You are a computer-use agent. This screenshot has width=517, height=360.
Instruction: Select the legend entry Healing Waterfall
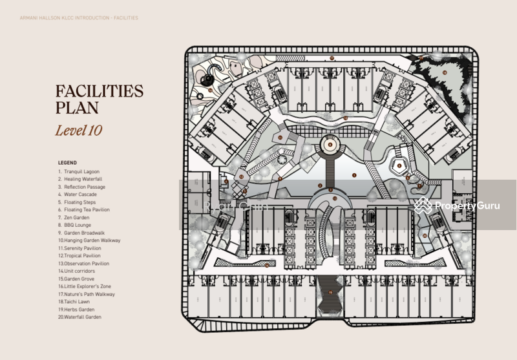click(x=83, y=179)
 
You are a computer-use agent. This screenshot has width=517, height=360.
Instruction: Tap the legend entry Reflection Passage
click(x=84, y=187)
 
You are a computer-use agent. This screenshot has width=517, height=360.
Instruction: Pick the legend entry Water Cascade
click(x=80, y=195)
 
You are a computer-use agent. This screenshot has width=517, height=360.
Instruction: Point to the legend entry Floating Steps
click(x=80, y=202)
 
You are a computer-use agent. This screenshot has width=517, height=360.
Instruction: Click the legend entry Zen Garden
click(x=77, y=218)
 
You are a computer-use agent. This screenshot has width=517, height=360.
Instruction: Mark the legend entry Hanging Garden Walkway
click(x=89, y=240)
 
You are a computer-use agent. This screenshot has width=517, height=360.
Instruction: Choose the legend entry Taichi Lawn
click(x=78, y=302)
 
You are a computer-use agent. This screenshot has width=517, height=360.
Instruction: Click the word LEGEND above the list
click(x=67, y=163)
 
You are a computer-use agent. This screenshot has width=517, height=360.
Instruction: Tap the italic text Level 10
click(x=78, y=130)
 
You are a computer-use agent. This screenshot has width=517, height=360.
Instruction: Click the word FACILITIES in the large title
click(x=99, y=91)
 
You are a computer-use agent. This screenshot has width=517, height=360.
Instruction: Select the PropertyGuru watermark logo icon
click(x=423, y=206)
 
